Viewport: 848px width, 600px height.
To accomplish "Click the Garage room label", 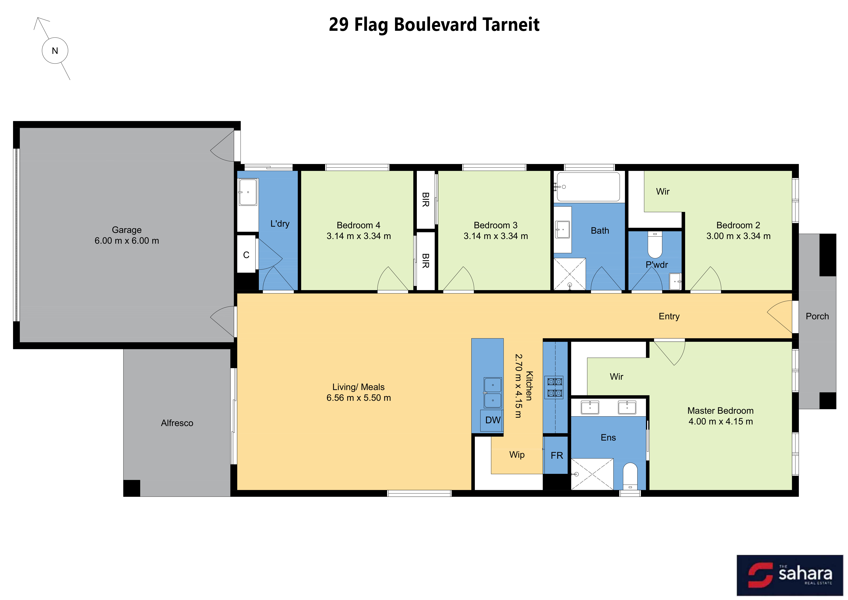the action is click(x=127, y=230).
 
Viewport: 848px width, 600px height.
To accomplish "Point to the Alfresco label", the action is click(x=177, y=423).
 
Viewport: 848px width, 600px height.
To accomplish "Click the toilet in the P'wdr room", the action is click(x=655, y=245).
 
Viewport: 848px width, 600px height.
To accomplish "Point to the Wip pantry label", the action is click(x=517, y=455).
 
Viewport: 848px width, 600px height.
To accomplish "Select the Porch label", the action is click(x=817, y=316).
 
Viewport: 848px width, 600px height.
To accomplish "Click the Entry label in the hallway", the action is click(x=669, y=316).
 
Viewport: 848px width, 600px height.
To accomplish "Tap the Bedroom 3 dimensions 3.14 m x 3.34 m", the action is click(x=496, y=236).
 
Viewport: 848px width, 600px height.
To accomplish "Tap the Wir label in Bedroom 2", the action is click(x=663, y=192).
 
